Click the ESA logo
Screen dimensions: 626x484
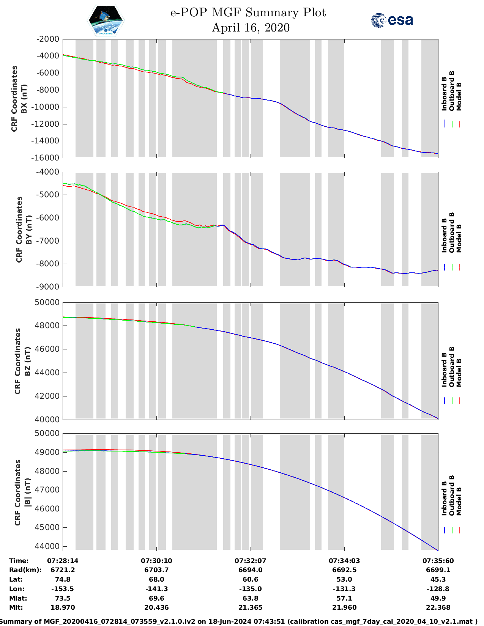click(x=392, y=20)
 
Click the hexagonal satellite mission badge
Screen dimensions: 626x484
click(x=106, y=20)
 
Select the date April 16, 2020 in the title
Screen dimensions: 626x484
click(x=250, y=28)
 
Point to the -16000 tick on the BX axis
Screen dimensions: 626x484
click(x=47, y=158)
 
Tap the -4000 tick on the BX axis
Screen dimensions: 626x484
click(x=47, y=56)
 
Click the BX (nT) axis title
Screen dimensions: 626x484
click(x=24, y=99)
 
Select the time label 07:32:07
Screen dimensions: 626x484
click(x=250, y=561)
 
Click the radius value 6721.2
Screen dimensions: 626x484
click(x=63, y=570)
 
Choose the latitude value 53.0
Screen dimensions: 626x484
click(x=344, y=579)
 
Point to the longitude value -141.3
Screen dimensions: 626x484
click(x=156, y=589)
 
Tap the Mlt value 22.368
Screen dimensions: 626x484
click(x=438, y=607)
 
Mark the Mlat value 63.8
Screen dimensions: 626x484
click(x=250, y=598)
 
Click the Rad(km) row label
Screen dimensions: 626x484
click(x=25, y=570)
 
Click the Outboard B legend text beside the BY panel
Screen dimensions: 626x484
click(x=452, y=232)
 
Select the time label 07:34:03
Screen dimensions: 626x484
click(x=344, y=561)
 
